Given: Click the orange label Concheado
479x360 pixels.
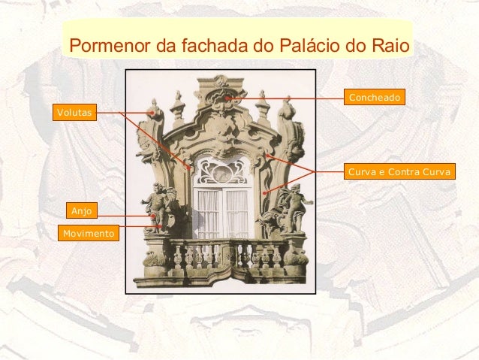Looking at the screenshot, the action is pyautogui.click(x=375, y=98).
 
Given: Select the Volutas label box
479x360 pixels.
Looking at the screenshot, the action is pyautogui.click(x=74, y=113).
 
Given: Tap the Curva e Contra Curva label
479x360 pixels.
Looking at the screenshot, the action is pyautogui.click(x=399, y=173).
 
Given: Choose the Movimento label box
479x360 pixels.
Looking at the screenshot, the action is pyautogui.click(x=89, y=234).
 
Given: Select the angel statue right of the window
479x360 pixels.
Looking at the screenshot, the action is pyautogui.click(x=294, y=207).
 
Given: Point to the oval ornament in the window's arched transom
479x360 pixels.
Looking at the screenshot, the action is pyautogui.click(x=221, y=172).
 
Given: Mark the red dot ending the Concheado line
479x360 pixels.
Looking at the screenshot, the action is pyautogui.click(x=227, y=98).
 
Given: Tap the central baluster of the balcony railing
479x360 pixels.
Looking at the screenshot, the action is pyautogui.click(x=222, y=256).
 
